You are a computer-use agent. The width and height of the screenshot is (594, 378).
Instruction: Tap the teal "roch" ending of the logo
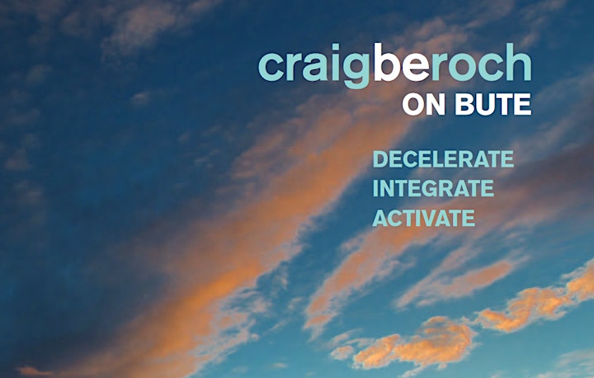(481, 62)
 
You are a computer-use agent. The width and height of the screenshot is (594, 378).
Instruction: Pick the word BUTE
(493, 104)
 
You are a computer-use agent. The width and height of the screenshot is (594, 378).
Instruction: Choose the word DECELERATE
(443, 158)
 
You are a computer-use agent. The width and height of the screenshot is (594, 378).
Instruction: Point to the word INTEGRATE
(433, 188)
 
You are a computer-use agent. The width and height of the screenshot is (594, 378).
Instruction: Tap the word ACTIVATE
(423, 218)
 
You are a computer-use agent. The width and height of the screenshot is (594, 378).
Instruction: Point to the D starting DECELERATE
(380, 158)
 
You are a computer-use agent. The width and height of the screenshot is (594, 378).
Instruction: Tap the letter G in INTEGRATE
(430, 188)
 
